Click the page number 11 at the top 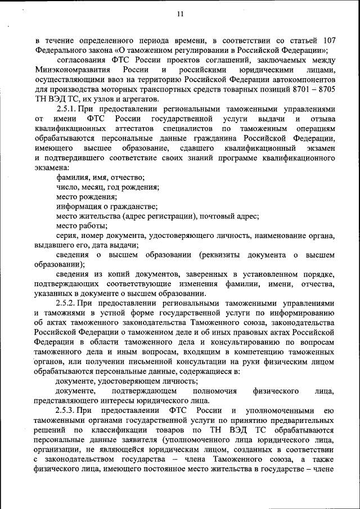pos(180,14)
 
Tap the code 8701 pos(292,88)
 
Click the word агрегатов pos(136,98)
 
